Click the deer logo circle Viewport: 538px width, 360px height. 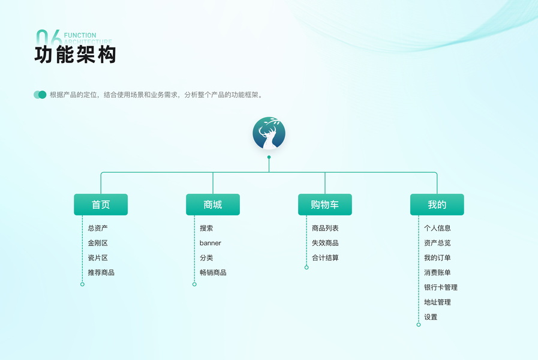click(x=269, y=133)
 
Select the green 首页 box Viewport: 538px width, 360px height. click(x=101, y=205)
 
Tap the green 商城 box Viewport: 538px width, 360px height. click(x=213, y=205)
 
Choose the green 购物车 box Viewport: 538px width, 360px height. click(x=324, y=205)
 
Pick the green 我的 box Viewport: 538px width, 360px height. click(x=437, y=205)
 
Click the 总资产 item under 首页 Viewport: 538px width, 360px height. click(x=98, y=228)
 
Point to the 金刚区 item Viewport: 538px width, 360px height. click(x=98, y=243)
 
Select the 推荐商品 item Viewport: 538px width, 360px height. click(x=101, y=272)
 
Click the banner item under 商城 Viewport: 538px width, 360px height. click(x=211, y=243)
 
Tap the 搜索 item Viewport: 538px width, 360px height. click(x=206, y=228)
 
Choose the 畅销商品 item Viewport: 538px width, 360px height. click(x=213, y=272)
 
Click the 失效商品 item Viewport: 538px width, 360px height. click(x=325, y=243)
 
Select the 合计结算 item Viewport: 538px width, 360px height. click(x=325, y=258)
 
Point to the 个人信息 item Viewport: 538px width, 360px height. click(x=437, y=228)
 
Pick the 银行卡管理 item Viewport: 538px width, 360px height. click(x=441, y=287)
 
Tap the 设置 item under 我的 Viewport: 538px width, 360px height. click(x=431, y=317)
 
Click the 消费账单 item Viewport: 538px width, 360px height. click(x=437, y=272)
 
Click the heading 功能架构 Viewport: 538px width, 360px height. click(x=75, y=55)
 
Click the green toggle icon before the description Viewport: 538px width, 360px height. click(x=40, y=95)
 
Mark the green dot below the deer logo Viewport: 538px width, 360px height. click(x=269, y=157)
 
